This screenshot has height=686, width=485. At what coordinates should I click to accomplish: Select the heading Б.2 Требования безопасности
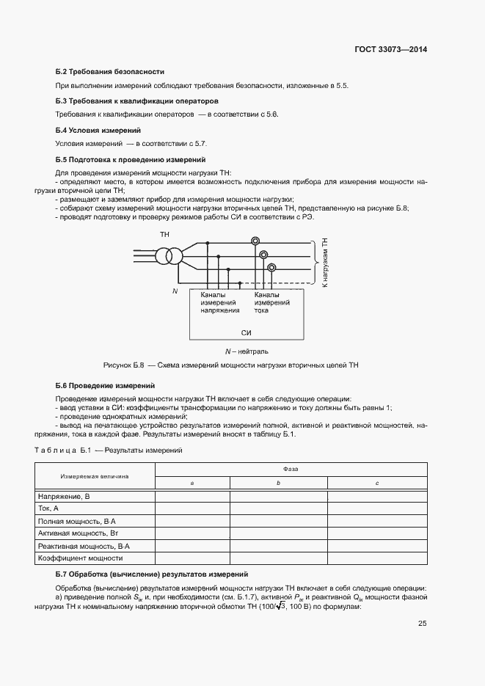[x=109, y=72]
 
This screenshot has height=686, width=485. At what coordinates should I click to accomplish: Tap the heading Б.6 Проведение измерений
[x=105, y=385]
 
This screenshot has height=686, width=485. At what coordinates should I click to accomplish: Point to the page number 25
[x=422, y=624]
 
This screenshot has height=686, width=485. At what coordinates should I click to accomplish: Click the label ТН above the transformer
[x=164, y=234]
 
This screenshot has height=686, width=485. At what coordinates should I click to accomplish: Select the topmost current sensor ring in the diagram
[x=255, y=241]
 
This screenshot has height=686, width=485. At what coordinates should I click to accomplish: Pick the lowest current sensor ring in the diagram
[x=271, y=268]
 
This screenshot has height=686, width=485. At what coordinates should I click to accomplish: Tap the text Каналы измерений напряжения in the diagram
[x=220, y=302]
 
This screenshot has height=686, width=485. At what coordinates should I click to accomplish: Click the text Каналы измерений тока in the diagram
[x=271, y=302]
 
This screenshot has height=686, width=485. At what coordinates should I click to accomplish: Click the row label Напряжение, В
[x=64, y=497]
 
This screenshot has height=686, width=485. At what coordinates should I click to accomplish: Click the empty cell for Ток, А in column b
[x=278, y=508]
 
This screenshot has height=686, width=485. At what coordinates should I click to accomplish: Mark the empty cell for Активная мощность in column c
[x=376, y=533]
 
